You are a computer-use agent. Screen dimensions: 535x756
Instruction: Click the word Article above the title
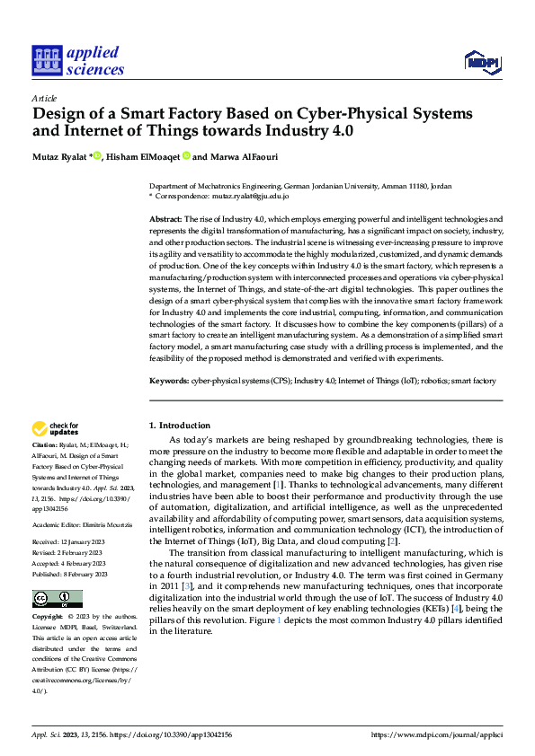pos(44,98)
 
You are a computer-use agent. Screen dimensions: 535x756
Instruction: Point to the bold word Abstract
pos(165,219)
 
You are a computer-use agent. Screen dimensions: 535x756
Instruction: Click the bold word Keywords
pos(168,381)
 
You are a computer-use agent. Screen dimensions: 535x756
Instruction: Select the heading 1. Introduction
pos(180,426)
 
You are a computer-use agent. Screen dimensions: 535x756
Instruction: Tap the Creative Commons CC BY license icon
pos(57,599)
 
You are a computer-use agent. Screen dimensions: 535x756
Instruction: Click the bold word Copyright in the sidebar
pos(47,618)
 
